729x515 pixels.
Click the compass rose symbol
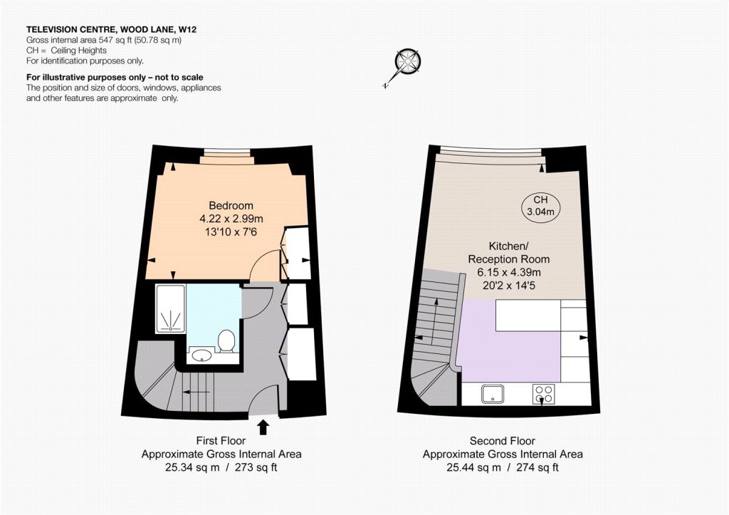click(407, 63)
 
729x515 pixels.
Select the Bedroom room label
click(231, 206)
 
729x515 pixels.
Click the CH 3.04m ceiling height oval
click(541, 206)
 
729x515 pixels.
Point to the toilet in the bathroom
click(226, 340)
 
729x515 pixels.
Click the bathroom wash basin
click(201, 355)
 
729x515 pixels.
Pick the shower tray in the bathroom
click(171, 308)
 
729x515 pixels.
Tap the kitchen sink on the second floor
click(493, 394)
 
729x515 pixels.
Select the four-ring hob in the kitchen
click(544, 394)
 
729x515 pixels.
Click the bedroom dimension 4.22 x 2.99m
click(231, 219)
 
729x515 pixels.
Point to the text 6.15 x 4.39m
click(509, 273)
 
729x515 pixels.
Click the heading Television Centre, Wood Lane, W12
click(111, 30)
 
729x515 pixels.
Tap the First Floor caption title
click(221, 441)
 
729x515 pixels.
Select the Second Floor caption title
click(503, 441)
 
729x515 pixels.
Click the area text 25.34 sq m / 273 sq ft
click(221, 467)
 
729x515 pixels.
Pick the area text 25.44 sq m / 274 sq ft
click(503, 467)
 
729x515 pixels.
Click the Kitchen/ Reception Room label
click(508, 253)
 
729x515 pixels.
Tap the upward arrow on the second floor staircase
click(436, 321)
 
